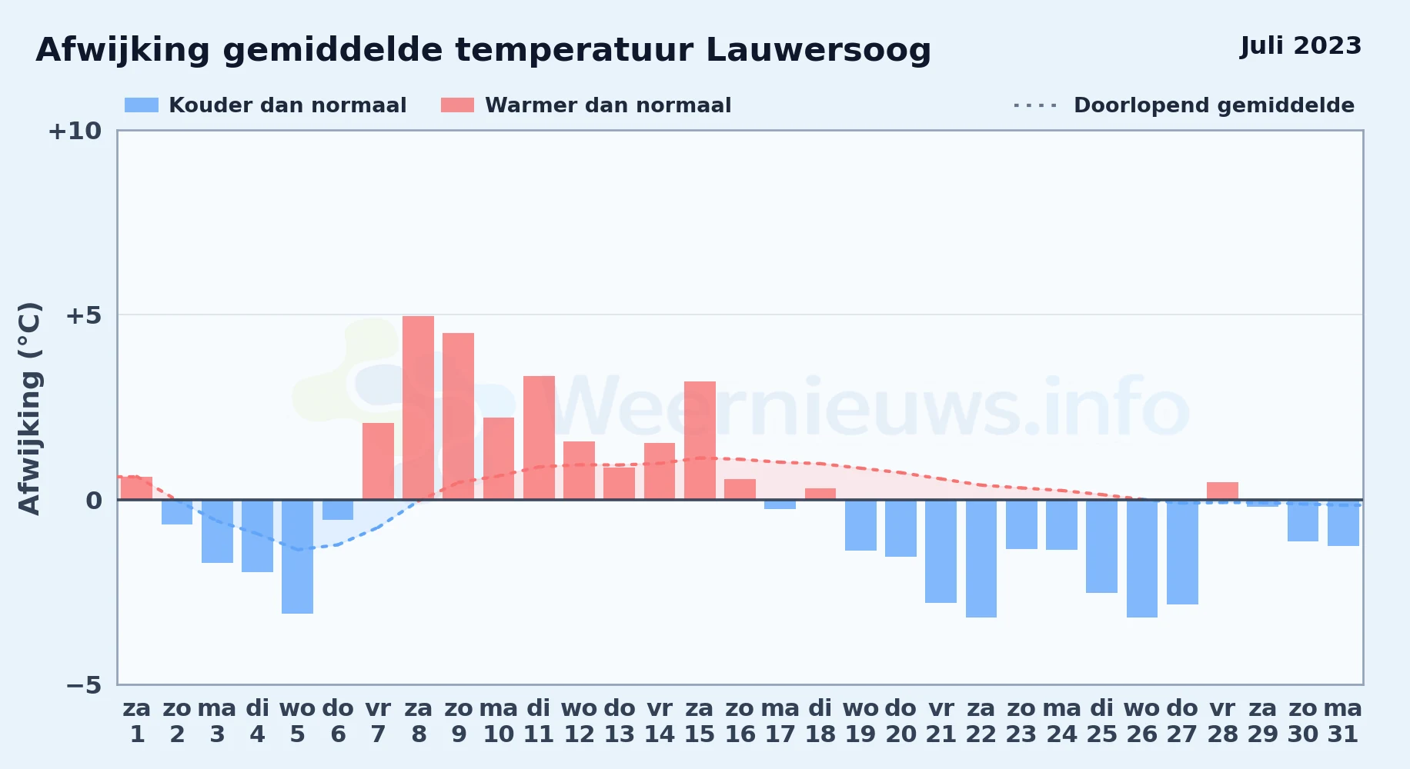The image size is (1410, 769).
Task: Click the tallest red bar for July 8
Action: pyautogui.click(x=418, y=408)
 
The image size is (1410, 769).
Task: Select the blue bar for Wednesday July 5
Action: pyautogui.click(x=297, y=557)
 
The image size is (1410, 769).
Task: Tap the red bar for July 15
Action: pyautogui.click(x=700, y=441)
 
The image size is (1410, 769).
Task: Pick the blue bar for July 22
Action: pyautogui.click(x=981, y=558)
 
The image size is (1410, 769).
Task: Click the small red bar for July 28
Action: pyautogui.click(x=1222, y=491)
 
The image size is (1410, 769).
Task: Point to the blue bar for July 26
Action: pyautogui.click(x=1142, y=558)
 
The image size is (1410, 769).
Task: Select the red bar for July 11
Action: pyautogui.click(x=539, y=438)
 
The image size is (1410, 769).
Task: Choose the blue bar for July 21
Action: pyautogui.click(x=941, y=551)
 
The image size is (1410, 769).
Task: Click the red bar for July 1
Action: pyautogui.click(x=137, y=488)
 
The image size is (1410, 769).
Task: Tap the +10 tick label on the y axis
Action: pyautogui.click(x=75, y=131)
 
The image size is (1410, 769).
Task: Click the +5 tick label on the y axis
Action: pyautogui.click(x=83, y=315)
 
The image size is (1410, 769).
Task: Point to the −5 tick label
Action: pyautogui.click(x=83, y=684)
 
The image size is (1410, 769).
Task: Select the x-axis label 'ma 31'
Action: pyautogui.click(x=1343, y=721)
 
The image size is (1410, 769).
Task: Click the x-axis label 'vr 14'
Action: pyautogui.click(x=660, y=721)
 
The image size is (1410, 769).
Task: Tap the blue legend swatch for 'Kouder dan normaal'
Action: pyautogui.click(x=142, y=105)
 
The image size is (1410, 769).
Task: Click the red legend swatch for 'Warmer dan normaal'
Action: pyautogui.click(x=457, y=105)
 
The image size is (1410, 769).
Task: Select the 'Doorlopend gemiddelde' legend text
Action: pyautogui.click(x=1214, y=105)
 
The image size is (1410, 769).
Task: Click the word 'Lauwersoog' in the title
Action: pyautogui.click(x=818, y=51)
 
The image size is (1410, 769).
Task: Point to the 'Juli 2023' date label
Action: pyautogui.click(x=1301, y=46)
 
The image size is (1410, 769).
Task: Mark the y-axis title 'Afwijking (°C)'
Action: pyautogui.click(x=29, y=408)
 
